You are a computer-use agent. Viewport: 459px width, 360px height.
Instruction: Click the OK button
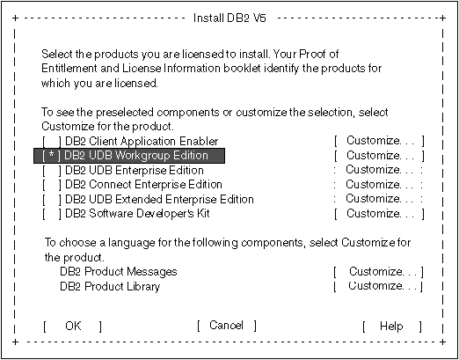73,326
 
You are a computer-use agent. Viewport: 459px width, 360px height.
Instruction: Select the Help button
391,326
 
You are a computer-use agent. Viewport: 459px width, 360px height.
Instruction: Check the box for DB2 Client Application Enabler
52,142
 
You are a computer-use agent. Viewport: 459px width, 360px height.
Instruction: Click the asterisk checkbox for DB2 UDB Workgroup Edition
52,156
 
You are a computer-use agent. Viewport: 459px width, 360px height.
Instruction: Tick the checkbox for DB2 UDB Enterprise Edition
52,171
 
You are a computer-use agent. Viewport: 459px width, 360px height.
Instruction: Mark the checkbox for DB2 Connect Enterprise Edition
52,185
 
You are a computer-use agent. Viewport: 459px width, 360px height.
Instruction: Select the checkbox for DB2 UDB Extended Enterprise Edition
52,200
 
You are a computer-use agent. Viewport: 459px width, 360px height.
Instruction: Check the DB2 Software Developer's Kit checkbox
52,214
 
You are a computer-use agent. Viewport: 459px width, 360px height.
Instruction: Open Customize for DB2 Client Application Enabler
379,141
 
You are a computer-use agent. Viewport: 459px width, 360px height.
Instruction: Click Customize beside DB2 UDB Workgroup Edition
379,156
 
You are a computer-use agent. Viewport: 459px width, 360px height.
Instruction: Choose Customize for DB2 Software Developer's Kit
379,214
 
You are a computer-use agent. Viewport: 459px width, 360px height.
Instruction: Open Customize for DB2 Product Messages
379,272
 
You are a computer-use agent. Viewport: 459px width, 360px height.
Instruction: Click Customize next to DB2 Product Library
379,286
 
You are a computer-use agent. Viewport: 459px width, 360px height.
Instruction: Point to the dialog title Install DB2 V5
229,18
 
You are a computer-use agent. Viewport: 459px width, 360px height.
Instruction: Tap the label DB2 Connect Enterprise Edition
143,185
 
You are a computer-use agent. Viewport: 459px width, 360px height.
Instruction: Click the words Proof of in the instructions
318,54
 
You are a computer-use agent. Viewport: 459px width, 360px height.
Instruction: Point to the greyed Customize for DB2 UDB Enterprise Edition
378,170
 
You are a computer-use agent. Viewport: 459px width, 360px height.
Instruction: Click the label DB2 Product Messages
119,272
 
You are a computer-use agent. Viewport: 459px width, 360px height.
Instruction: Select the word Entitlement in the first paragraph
69,69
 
